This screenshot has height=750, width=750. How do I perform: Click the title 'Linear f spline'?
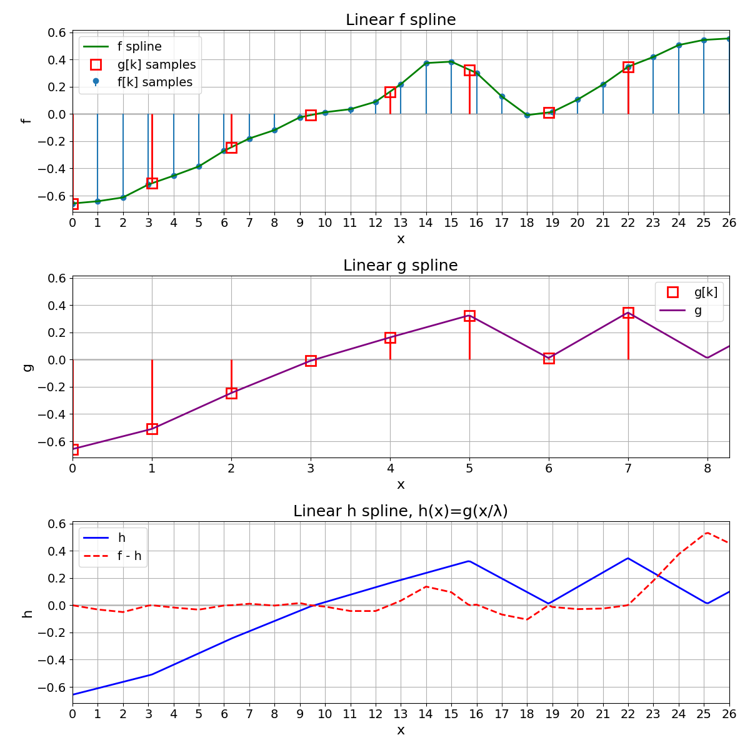pos(401,20)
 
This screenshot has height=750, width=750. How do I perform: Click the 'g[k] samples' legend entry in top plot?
pos(156,65)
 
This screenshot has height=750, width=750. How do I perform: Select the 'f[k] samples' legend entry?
pos(154,82)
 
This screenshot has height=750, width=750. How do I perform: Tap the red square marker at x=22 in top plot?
pos(628,67)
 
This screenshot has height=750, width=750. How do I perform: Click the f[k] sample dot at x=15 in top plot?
pos(451,62)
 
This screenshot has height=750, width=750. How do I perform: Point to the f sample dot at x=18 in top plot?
pos(527,115)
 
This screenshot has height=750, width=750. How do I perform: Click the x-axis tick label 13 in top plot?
pos(401,222)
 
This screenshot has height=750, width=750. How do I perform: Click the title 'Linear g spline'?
pos(401,266)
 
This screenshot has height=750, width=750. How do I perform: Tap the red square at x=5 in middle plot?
pos(469,316)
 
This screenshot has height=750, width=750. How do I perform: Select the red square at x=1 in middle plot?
pos(152,429)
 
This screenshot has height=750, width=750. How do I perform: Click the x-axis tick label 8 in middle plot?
pos(707,468)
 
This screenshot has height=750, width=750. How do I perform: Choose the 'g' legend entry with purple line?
pos(697,310)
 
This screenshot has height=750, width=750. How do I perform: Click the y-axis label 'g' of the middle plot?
pos(27,367)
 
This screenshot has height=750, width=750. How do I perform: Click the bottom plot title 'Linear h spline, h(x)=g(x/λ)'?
pos(401,511)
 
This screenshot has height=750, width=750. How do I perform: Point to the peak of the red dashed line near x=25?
pos(707,532)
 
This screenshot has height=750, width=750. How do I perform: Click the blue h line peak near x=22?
pos(628,558)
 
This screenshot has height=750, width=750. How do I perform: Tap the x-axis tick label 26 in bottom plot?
pos(729,714)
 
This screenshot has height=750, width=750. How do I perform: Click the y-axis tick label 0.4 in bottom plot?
pos(57,551)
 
